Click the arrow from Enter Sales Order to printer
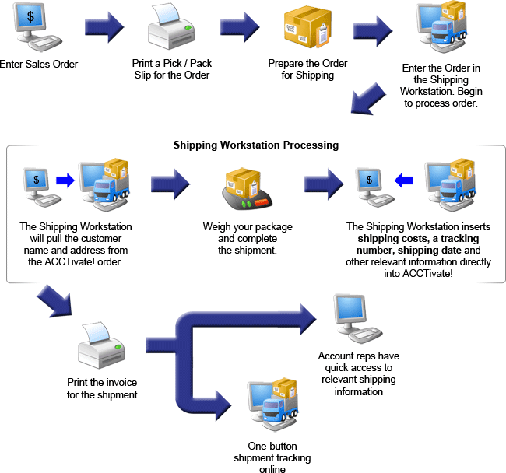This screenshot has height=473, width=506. tap(104, 28)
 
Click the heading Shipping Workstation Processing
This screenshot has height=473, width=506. tap(255, 145)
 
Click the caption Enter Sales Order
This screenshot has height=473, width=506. tap(39, 63)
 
